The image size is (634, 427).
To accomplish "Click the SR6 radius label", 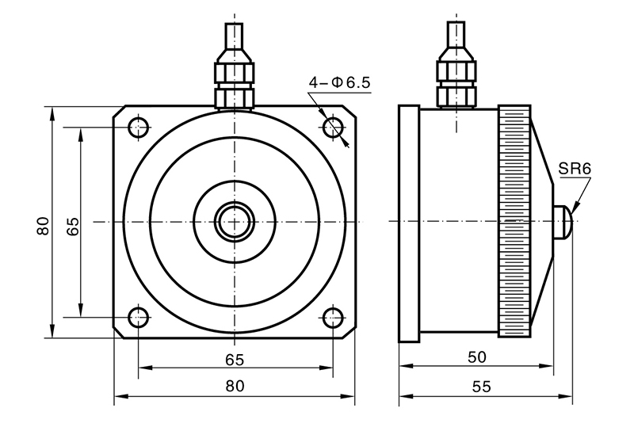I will (x=575, y=168).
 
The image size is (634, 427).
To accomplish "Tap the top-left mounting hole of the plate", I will (x=139, y=125).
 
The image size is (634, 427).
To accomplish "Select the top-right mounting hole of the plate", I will (x=332, y=125).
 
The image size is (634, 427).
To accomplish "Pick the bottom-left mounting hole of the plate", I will (x=139, y=318).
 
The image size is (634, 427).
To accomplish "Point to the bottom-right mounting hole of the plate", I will (x=332, y=318).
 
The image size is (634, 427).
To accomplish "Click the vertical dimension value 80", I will (x=43, y=225).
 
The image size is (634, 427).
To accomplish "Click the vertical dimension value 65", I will (x=72, y=225).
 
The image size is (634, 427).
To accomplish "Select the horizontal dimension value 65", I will (x=235, y=359).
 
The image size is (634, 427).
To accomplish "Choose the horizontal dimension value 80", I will (x=235, y=387).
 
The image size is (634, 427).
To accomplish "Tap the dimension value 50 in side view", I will (x=477, y=357).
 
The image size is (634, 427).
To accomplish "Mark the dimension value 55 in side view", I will (x=482, y=387).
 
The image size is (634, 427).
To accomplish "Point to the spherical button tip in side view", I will (x=563, y=221).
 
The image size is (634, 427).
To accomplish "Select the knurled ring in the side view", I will (x=514, y=221).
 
